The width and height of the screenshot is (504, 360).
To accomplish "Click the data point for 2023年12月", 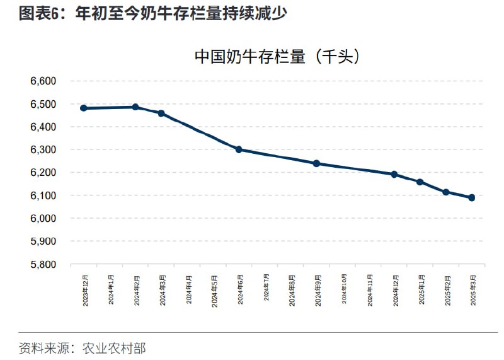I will coord(84,108).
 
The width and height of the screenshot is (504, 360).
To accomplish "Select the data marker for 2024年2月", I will coord(135,107).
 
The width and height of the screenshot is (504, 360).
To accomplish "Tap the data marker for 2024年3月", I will coord(161,113).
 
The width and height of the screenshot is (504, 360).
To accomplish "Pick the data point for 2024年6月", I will coord(239,149).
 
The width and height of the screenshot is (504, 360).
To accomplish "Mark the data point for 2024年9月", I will coord(316,163).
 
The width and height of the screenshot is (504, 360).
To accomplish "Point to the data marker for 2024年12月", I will coord(394,175).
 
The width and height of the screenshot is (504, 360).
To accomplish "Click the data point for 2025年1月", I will coord(420,182).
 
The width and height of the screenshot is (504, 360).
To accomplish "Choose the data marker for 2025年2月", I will coord(446,192).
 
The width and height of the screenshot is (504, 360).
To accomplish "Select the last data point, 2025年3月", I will coord(472,197).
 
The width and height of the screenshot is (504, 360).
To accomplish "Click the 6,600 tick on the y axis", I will coord(43,81).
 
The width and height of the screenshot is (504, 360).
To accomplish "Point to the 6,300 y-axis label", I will coord(43,150).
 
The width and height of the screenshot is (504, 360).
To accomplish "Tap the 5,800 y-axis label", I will coord(43,264).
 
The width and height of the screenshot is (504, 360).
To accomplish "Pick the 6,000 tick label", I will coord(43,218).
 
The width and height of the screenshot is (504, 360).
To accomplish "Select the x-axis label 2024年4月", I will coord(188,290).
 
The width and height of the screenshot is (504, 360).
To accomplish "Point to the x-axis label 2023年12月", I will coord(85,290).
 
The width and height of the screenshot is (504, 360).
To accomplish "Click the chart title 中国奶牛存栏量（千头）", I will coord(277,57).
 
